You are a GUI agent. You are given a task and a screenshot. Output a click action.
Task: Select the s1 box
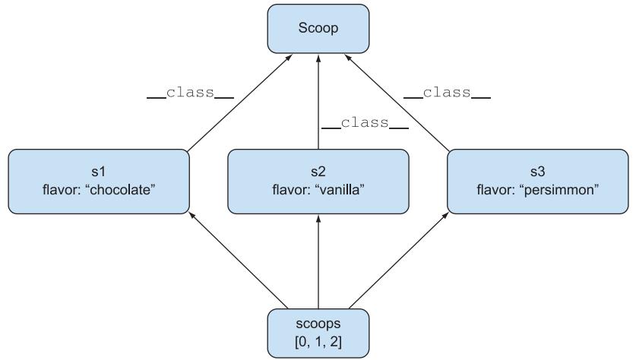click(x=99, y=181)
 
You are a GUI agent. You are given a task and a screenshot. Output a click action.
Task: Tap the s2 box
click(x=318, y=181)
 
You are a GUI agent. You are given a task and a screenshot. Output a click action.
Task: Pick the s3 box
click(x=537, y=181)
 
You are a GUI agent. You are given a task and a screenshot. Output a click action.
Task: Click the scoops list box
click(x=318, y=333)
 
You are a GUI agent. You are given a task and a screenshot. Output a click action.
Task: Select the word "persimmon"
click(x=561, y=190)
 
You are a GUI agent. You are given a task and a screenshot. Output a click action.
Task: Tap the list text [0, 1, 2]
click(x=318, y=343)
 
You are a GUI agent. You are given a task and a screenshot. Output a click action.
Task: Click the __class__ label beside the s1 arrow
click(x=191, y=93)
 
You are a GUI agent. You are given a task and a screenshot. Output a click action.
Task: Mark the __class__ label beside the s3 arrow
click(x=447, y=93)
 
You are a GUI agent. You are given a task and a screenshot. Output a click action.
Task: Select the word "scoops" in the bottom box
click(x=318, y=324)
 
